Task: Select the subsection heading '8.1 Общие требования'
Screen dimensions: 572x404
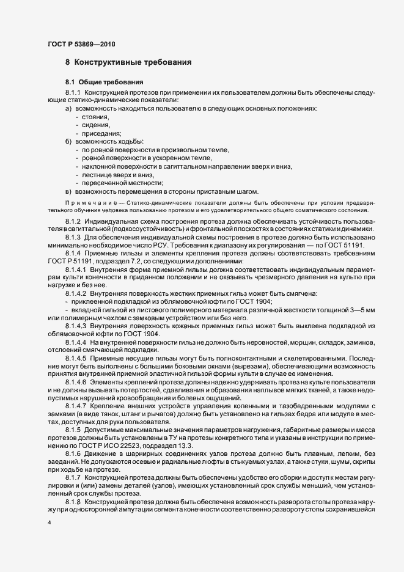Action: pos(105,82)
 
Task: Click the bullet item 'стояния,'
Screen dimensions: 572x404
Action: pos(97,116)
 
